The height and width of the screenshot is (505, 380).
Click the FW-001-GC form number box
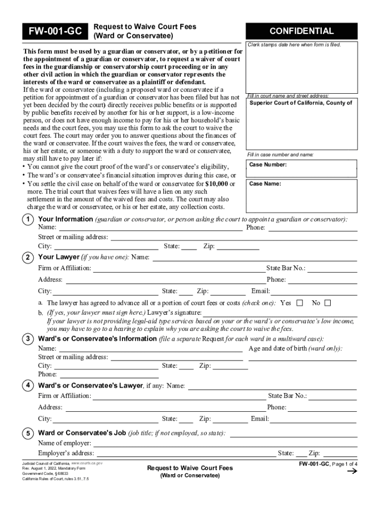[55, 32]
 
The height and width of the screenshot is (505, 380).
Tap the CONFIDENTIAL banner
[301, 31]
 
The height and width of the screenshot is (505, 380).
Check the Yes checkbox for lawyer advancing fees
[299, 303]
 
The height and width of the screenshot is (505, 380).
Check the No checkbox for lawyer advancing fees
[327, 303]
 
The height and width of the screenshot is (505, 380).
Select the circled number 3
[28, 339]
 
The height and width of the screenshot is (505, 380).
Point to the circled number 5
[28, 433]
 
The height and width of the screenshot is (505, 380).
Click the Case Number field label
[268, 165]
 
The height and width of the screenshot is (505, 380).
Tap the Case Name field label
[266, 184]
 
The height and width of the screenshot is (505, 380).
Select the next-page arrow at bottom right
[352, 472]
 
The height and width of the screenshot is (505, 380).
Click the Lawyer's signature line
[280, 314]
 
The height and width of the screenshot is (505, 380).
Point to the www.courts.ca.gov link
[87, 464]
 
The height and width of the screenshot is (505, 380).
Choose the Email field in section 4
[313, 420]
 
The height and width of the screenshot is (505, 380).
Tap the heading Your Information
[65, 219]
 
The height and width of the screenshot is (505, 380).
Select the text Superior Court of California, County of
[301, 103]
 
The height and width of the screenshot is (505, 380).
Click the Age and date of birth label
[295, 349]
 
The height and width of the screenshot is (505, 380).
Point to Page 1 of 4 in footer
[344, 464]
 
